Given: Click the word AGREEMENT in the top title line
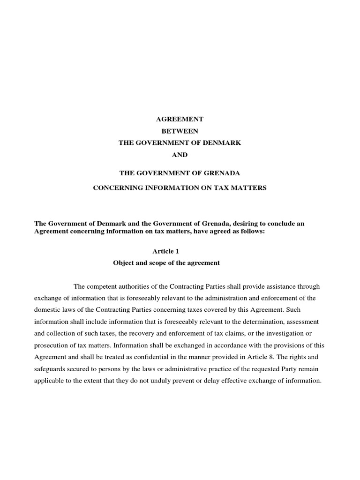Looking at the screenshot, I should point(180,120).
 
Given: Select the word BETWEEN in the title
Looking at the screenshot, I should point(180,131).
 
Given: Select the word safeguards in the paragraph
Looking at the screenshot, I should point(50,369).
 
